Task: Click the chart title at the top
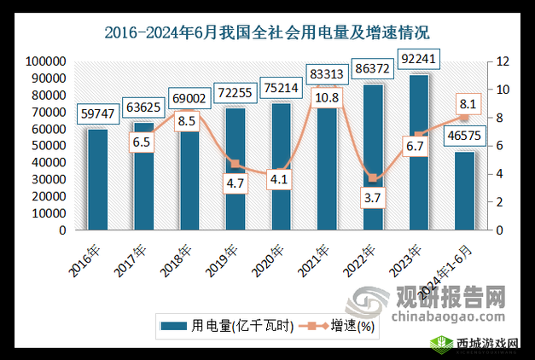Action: (x=267, y=33)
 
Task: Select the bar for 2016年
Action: (x=97, y=179)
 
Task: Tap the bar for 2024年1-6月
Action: (x=465, y=190)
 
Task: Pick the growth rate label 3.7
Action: (x=374, y=198)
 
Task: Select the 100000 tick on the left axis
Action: (x=47, y=61)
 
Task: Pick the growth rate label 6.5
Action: (x=142, y=144)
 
